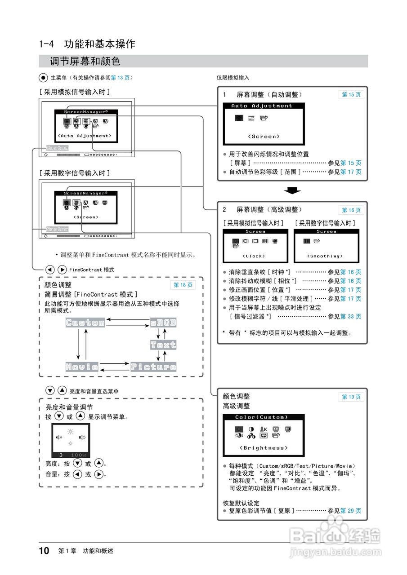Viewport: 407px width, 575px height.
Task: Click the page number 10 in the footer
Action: [x=44, y=551]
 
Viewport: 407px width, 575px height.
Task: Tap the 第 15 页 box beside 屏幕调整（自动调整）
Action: [x=351, y=95]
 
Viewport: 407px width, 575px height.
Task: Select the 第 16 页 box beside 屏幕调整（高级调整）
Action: [x=351, y=210]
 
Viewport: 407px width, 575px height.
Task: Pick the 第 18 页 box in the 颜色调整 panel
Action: [x=183, y=285]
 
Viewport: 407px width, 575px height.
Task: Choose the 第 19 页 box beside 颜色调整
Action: [x=351, y=397]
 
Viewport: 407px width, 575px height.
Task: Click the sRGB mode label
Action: [x=163, y=323]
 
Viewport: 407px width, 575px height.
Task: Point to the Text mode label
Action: [x=163, y=345]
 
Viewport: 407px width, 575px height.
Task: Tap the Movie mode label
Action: [x=82, y=367]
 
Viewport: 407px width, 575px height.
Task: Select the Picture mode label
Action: [x=153, y=367]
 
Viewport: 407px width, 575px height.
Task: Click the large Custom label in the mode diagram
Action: [x=85, y=323]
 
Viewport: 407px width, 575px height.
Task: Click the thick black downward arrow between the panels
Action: [x=293, y=191]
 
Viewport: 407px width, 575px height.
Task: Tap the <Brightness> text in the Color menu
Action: [x=264, y=448]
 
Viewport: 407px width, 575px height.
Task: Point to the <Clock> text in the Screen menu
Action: [x=254, y=256]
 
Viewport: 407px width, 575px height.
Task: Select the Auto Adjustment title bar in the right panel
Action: [x=262, y=106]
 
